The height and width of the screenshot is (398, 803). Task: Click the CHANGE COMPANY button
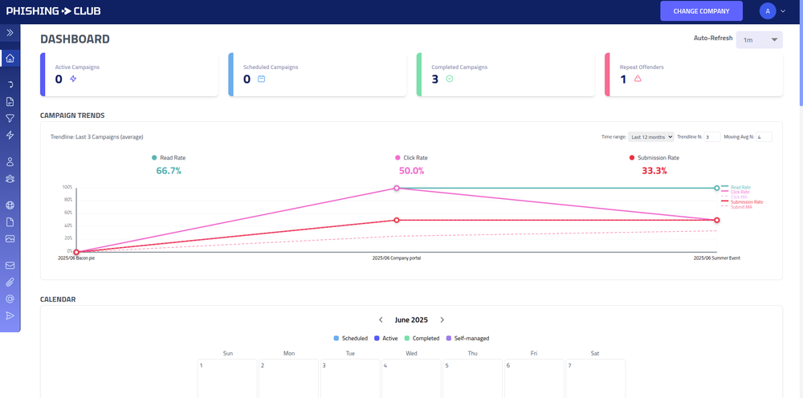[701, 11]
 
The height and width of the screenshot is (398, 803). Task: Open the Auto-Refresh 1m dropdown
[759, 39]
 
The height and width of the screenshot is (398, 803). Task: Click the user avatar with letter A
[768, 11]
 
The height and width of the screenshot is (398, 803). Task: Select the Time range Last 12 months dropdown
[650, 137]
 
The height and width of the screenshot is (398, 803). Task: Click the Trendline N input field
[711, 137]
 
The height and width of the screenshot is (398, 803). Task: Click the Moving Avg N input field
[763, 137]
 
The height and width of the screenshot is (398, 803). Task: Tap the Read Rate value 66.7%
[169, 171]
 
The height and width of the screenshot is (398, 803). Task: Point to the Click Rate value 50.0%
[411, 171]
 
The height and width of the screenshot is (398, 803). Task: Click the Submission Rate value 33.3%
[654, 171]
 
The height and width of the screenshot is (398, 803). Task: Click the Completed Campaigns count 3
[435, 79]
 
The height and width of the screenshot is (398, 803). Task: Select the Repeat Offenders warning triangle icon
[638, 79]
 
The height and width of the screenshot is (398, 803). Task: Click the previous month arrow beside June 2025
[381, 320]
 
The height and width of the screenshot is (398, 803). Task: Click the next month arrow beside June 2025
[442, 320]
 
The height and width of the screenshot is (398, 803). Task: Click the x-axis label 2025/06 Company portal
[397, 258]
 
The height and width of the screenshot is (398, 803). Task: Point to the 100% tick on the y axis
[67, 188]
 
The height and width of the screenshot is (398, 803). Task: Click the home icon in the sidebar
[10, 59]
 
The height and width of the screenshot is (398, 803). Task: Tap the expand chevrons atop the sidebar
[10, 33]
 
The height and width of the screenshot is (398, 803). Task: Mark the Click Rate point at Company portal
[396, 188]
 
